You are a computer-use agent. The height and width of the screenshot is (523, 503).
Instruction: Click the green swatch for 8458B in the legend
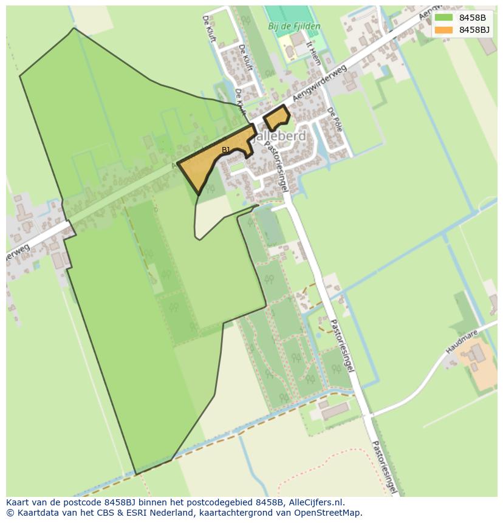(443, 18)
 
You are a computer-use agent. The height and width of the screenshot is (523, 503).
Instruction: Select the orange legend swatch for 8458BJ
(443, 30)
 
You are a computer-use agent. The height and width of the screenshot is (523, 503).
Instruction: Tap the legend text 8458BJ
(474, 30)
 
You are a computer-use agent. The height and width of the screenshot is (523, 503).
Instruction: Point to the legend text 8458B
(472, 18)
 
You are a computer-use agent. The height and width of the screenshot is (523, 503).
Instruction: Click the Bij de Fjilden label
(294, 27)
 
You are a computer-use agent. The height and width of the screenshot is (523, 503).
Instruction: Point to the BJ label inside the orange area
(225, 149)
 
